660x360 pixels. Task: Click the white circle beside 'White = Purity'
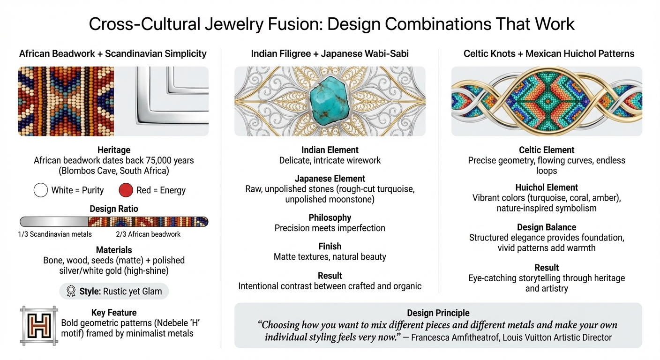pos(41,190)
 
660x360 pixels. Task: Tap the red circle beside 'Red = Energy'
pos(126,190)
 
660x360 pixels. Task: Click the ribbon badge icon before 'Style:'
pos(71,291)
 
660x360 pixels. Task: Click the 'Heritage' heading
pos(114,150)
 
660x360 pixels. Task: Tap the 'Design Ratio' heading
pos(114,209)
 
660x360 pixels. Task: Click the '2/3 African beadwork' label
pos(148,234)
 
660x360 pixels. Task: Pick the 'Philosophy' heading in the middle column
pos(330,217)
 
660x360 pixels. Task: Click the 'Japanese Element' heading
pos(330,179)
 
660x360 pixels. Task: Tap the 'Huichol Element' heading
pos(547,187)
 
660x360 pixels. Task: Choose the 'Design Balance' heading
pos(547,227)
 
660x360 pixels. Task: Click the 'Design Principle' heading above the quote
pos(438,313)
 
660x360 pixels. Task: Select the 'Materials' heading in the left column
pos(114,250)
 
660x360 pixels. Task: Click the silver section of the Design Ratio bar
pos(54,222)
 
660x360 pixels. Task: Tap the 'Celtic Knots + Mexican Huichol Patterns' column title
pos(548,53)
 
